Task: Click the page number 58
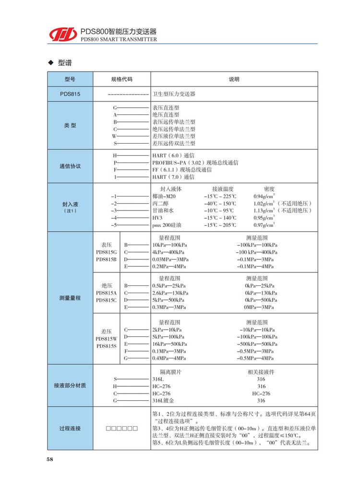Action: coord(50,458)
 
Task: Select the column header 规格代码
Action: coord(121,79)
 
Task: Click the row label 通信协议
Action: coord(70,166)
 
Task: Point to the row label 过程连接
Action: coord(70,428)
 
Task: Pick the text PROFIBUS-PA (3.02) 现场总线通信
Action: coord(195,163)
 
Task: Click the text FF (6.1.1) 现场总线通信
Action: coord(182,170)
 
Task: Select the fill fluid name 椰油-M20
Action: coord(164,196)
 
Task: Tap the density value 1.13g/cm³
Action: coord(264,210)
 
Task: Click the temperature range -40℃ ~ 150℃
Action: coord(220,203)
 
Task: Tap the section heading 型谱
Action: coord(65,63)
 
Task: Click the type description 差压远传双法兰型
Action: coord(174,143)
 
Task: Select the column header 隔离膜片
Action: coord(169,372)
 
